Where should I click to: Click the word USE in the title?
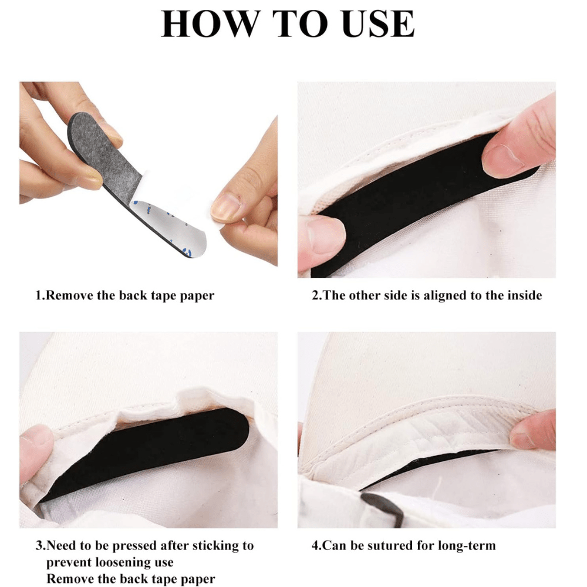point(378,23)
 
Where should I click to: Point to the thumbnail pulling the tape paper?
point(225,208)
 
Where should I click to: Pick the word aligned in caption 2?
point(445,296)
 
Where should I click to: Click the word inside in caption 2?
point(524,295)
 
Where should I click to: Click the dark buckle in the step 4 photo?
point(382,509)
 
